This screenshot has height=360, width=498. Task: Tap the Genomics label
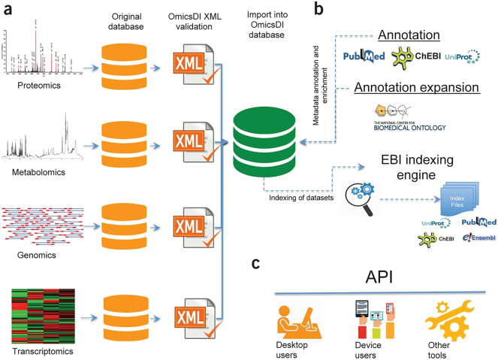click(32, 256)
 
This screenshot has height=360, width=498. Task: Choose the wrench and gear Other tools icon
click(444, 317)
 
